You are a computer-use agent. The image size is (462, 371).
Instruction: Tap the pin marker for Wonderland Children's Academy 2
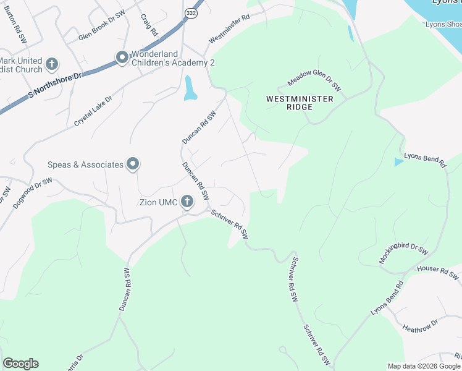tap(122, 58)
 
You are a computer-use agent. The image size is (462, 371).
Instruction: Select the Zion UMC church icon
tap(188, 201)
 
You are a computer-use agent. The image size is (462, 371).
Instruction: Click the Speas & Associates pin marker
tap(133, 164)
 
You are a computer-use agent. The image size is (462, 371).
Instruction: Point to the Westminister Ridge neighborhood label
tap(300, 103)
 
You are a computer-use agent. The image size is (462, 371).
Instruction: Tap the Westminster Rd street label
tap(229, 29)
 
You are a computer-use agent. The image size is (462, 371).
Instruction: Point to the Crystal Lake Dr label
tap(93, 111)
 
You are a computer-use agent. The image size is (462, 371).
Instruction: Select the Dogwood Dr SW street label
tap(34, 191)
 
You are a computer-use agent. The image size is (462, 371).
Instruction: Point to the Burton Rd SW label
tap(16, 29)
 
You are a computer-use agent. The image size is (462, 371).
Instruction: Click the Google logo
tap(20, 364)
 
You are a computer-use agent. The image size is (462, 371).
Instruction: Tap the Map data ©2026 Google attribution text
tap(423, 366)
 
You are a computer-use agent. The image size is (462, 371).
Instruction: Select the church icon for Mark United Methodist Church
tap(52, 63)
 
